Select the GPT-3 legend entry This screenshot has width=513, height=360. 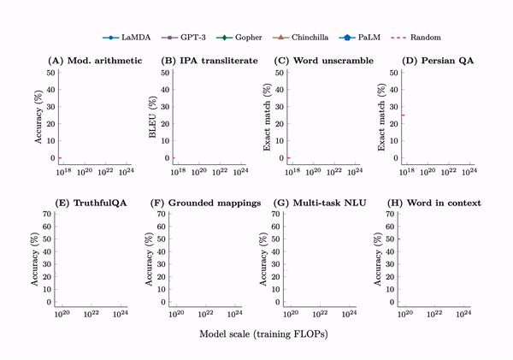[x=177, y=38]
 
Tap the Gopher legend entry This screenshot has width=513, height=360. [x=235, y=38]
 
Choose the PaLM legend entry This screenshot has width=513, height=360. [x=369, y=38]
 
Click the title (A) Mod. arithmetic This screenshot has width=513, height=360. [x=94, y=61]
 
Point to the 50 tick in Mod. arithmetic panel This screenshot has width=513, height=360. [x=51, y=73]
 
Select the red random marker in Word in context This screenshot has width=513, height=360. [x=399, y=239]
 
